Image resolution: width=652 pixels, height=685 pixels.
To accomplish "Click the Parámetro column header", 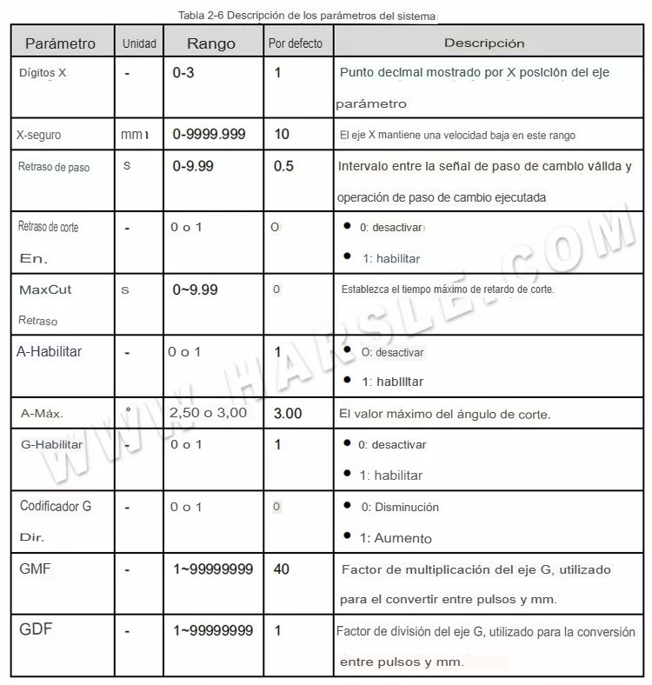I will tap(60, 43).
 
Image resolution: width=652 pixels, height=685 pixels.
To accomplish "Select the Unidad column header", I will tap(139, 43).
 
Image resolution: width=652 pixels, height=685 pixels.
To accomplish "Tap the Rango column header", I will tap(211, 43).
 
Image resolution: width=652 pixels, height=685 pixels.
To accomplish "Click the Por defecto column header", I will tap(295, 43).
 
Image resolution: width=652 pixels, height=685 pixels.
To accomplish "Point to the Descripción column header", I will tap(484, 43).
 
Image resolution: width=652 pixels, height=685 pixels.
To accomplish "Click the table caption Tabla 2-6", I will tap(309, 16).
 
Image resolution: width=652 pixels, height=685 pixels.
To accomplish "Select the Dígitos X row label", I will tap(43, 73).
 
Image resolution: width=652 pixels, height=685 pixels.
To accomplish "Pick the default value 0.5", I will tap(283, 166).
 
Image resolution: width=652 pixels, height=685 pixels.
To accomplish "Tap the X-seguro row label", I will tap(38, 136).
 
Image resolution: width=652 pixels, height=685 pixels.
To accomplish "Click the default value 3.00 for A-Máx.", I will tap(288, 414).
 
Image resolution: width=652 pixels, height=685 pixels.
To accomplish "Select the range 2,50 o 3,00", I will tap(209, 414).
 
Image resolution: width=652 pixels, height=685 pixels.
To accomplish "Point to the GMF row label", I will tap(35, 569).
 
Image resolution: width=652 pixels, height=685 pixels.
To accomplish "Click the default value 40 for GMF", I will tap(282, 569).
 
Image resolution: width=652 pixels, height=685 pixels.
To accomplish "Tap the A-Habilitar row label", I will tap(50, 351).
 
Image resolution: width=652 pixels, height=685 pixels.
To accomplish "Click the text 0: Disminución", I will tap(400, 507).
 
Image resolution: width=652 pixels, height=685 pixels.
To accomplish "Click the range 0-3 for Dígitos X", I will tap(183, 73).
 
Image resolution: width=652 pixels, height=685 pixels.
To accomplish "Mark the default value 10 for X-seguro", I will tap(282, 135).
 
